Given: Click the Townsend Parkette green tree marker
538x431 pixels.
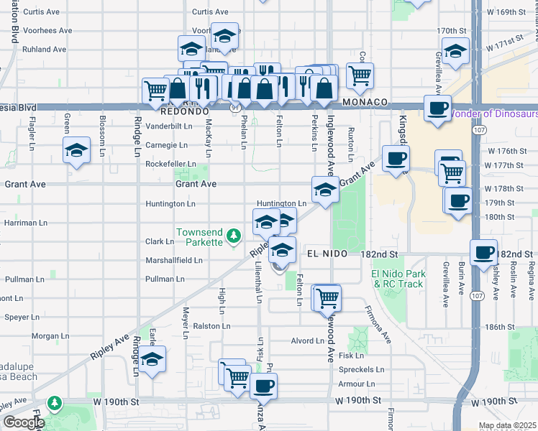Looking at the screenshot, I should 233,236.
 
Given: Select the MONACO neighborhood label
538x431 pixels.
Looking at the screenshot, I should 365,103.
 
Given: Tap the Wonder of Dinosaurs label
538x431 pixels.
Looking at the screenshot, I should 493,113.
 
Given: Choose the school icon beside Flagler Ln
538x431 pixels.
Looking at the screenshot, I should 76,150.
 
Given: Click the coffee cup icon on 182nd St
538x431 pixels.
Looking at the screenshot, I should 483,251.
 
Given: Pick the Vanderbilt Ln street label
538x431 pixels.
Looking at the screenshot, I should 170,126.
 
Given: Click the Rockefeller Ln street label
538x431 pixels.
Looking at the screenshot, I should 170,164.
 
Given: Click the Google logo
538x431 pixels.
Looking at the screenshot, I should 24,422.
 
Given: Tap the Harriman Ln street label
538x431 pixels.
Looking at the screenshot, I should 25,223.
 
